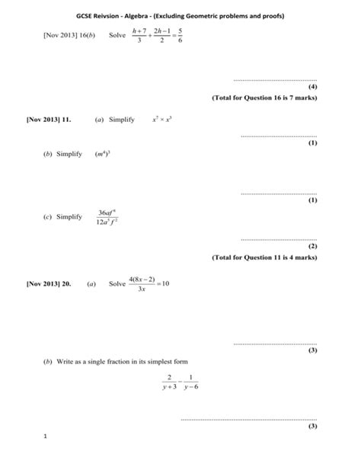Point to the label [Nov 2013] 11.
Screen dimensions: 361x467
(50, 120)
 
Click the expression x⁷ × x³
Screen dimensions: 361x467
(164, 120)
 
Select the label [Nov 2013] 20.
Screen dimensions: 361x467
(50, 283)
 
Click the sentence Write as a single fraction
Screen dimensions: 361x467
(122, 360)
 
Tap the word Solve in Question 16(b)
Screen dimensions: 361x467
(118, 36)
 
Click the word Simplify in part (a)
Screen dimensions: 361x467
(122, 120)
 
